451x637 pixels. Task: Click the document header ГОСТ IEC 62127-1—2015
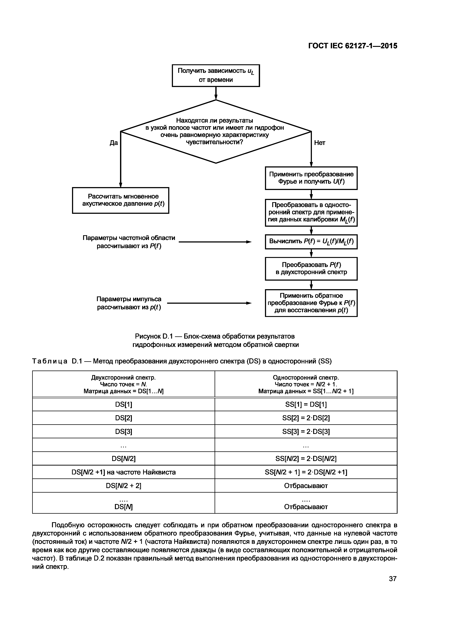pos(353,46)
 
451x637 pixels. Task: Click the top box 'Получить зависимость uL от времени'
pos(216,75)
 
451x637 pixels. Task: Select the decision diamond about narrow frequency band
pos(216,131)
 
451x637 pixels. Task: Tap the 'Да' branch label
pos(114,143)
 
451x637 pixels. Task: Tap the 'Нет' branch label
pos(320,143)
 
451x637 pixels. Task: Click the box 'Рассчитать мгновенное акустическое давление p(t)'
pos(121,200)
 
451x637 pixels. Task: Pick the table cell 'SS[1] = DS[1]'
pos(306,405)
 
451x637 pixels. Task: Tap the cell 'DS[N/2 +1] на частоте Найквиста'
pos(124,472)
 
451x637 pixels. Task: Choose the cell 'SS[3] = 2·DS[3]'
pos(306,432)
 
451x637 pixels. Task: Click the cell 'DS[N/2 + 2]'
pos(124,486)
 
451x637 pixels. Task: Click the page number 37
pos(393,579)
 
